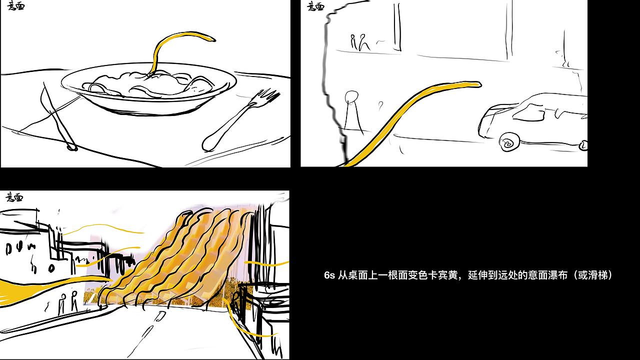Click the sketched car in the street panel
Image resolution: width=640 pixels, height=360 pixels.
pos(532,120)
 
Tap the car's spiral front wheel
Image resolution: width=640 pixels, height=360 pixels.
pos(508,142)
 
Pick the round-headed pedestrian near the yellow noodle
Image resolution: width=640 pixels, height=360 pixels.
pos(353,110)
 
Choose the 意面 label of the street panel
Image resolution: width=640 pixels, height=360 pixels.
pos(315,6)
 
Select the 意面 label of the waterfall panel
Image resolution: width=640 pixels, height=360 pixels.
pos(14,197)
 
